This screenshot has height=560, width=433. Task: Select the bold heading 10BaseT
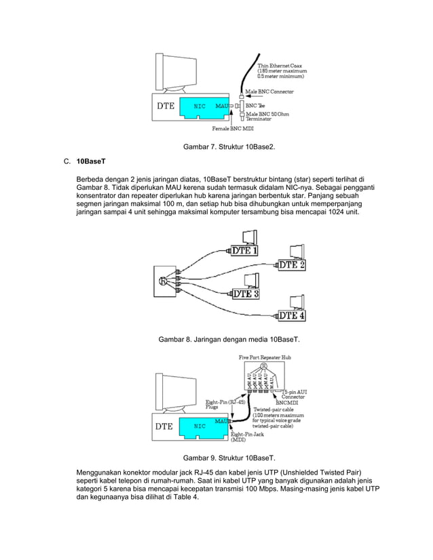[x=89, y=163]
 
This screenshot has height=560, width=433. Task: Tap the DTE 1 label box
[x=245, y=250]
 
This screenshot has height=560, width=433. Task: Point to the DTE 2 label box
[x=292, y=264]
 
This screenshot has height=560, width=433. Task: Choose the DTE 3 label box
[x=246, y=294]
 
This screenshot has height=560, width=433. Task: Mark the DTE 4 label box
[x=292, y=315]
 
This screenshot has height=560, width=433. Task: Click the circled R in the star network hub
[x=162, y=280]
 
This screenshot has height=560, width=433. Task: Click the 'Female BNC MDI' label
[x=231, y=127]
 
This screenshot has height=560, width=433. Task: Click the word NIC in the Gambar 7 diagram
[x=181, y=106]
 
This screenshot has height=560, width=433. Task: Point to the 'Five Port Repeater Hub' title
[x=265, y=357]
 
